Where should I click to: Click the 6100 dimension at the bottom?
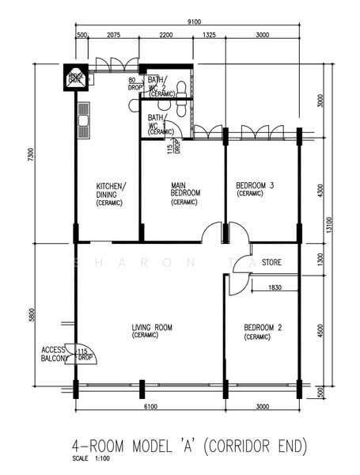(x=148, y=406)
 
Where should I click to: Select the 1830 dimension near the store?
(x=275, y=287)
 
